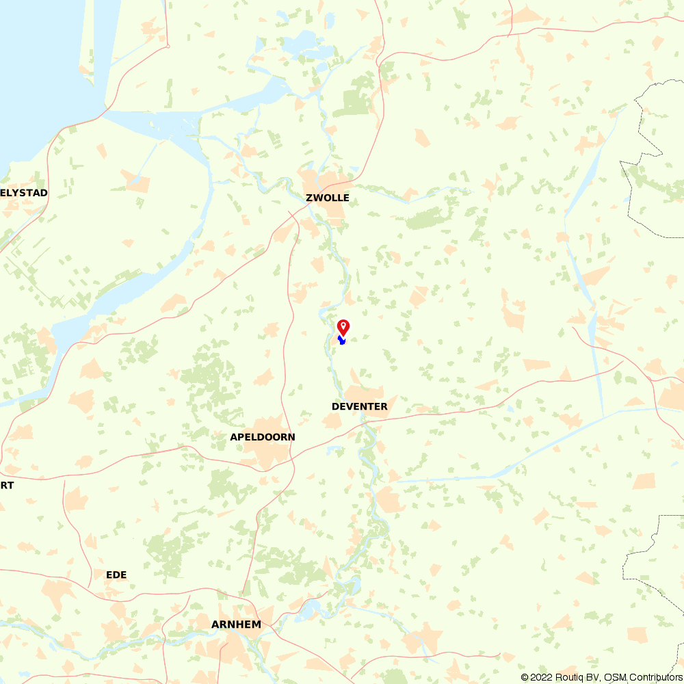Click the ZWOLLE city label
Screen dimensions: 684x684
coord(328,198)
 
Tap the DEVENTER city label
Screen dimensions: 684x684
coord(359,406)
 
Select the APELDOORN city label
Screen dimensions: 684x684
coord(263,437)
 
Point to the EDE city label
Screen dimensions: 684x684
coord(116,575)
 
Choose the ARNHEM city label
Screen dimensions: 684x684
coord(236,624)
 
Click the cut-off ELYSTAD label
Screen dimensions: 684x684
coord(24,193)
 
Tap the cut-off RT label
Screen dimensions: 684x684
coord(7,485)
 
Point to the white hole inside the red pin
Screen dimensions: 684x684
coord(343,325)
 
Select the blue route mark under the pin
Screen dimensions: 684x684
coord(342,340)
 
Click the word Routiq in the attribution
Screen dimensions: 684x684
coord(570,677)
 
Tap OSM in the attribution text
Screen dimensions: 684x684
coord(614,677)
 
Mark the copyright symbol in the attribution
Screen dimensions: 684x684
coord(525,677)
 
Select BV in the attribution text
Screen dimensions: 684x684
coord(593,677)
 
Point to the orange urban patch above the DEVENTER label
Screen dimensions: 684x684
coord(363,392)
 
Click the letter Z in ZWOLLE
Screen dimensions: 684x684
coord(309,198)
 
